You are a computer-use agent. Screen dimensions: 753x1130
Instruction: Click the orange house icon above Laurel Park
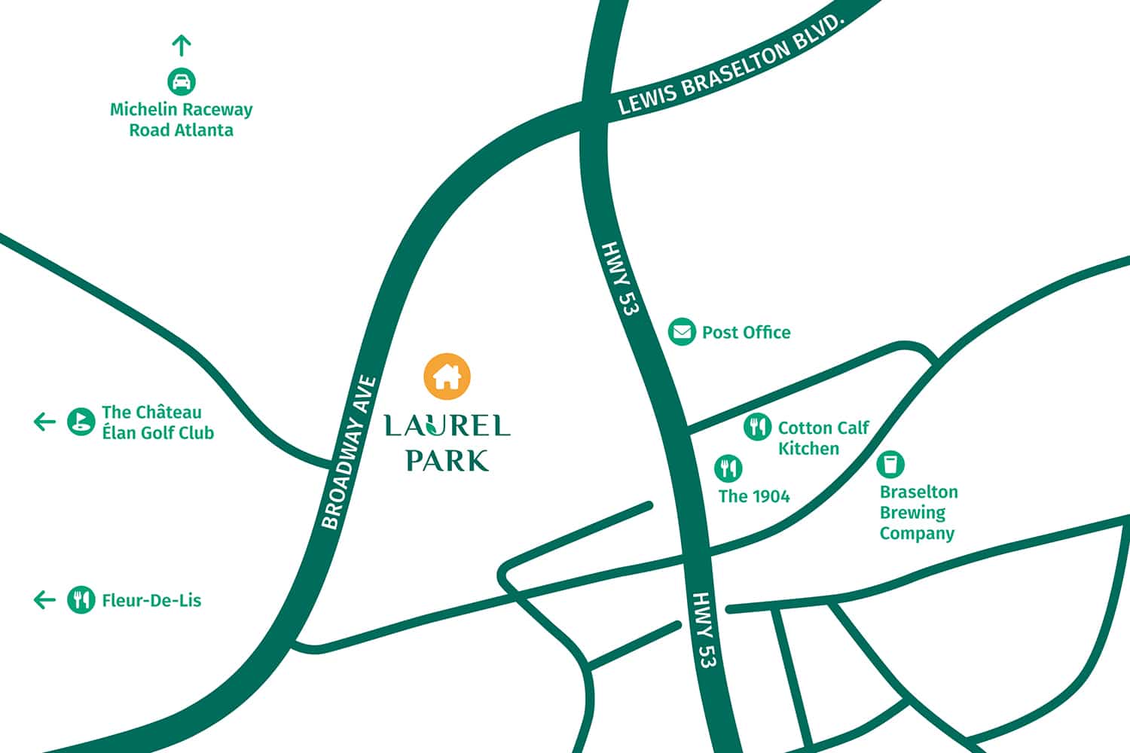tap(447, 376)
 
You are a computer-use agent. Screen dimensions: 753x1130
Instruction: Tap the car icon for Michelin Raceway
tap(181, 81)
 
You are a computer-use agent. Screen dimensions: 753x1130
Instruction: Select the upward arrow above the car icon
tap(181, 45)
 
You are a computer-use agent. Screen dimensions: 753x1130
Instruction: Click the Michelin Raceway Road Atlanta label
tap(181, 120)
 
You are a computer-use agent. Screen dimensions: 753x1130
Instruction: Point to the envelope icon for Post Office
tap(682, 331)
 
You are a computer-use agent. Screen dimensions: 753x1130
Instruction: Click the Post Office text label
tap(746, 332)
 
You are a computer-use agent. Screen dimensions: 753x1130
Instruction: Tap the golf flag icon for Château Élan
tap(81, 422)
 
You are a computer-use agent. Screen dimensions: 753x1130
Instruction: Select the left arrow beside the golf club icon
tap(44, 422)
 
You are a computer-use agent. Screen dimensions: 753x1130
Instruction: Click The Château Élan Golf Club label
tap(157, 422)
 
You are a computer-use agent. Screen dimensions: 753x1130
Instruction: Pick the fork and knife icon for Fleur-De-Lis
tap(81, 599)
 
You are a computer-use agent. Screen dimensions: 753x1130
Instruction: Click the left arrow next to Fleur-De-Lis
tap(44, 599)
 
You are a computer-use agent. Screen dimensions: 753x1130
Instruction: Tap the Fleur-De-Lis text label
tap(151, 600)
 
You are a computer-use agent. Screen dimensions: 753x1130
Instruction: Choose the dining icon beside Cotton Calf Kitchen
tap(757, 427)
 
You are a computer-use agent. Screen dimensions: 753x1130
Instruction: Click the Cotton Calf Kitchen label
tap(823, 437)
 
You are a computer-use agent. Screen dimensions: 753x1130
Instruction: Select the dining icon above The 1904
tap(728, 468)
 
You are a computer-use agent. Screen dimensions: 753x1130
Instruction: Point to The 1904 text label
tap(753, 495)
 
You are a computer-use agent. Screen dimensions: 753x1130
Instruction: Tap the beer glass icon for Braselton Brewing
tap(890, 464)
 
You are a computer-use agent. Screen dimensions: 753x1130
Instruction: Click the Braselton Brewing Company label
tap(918, 512)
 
